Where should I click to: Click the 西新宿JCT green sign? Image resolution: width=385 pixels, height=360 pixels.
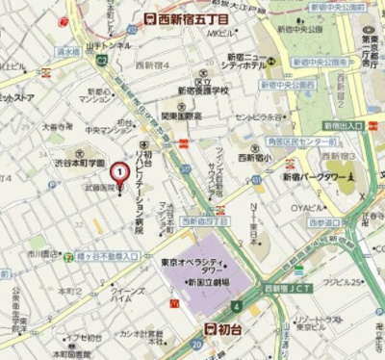[285, 287]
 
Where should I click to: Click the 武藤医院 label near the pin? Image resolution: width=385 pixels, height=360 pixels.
[99, 189]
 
